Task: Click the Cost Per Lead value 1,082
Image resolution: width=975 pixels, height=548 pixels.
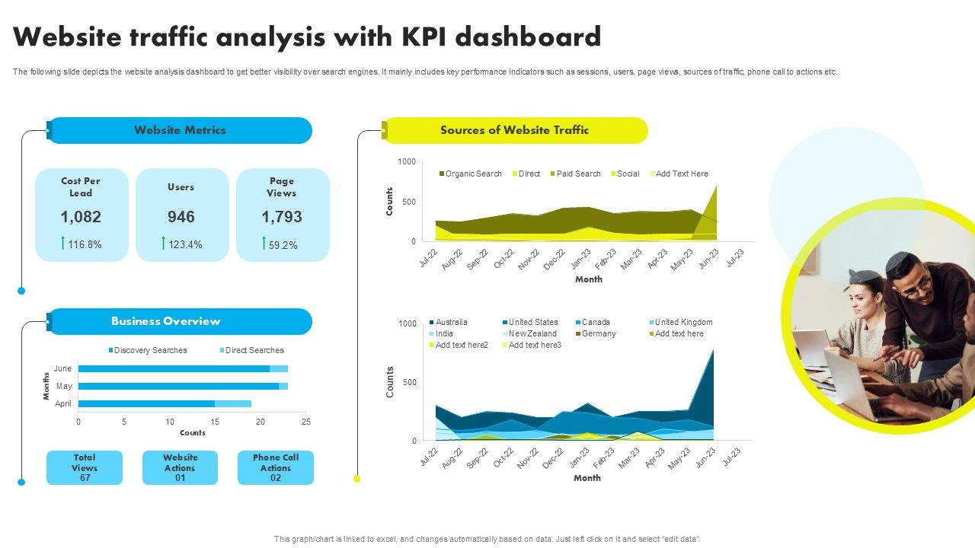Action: pos(81,217)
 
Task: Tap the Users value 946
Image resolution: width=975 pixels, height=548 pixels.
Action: pos(181,217)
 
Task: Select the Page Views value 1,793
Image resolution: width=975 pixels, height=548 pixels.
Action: pos(282,217)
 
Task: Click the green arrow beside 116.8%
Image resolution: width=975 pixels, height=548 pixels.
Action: pos(62,243)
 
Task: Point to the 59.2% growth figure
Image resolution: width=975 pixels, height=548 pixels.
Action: pos(283,245)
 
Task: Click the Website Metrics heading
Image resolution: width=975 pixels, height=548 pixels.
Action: pos(180,130)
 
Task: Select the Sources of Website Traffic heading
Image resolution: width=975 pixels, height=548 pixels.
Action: pos(514,130)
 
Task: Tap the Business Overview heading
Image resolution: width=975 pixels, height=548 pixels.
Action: pos(166,321)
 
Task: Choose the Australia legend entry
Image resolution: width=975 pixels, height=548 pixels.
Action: pos(451,322)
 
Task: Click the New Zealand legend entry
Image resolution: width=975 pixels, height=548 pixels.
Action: pos(532,333)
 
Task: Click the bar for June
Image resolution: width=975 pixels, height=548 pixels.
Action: pos(175,368)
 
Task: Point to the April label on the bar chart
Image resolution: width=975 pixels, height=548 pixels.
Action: pos(63,403)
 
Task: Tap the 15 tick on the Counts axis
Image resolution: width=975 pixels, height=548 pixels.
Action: pos(215,421)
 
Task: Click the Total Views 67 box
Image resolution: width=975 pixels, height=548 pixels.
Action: pos(85,467)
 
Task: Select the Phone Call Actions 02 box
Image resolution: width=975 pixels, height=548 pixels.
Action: pos(276,467)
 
